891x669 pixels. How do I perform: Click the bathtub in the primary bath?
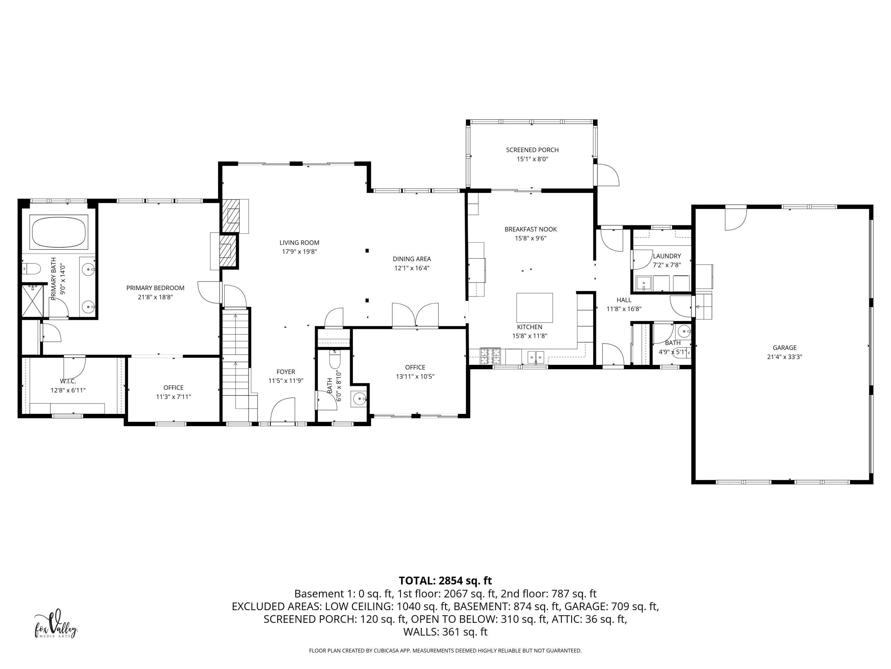pos(59,232)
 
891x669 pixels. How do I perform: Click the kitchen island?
pos(535,308)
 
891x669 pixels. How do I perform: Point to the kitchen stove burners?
pos(490,356)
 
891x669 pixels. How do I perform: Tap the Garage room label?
pos(784,348)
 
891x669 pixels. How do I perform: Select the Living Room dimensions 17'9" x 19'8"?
pos(299,252)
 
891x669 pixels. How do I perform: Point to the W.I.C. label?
pos(68,381)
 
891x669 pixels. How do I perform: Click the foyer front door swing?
pos(283,410)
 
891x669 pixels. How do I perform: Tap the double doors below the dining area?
pos(415,315)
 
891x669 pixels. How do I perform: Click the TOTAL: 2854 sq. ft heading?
pos(445,581)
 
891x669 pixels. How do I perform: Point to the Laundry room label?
pos(667,256)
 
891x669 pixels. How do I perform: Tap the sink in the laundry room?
pos(644,283)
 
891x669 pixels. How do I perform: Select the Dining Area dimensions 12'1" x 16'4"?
pos(412,268)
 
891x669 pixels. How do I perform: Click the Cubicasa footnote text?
pos(445,651)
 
